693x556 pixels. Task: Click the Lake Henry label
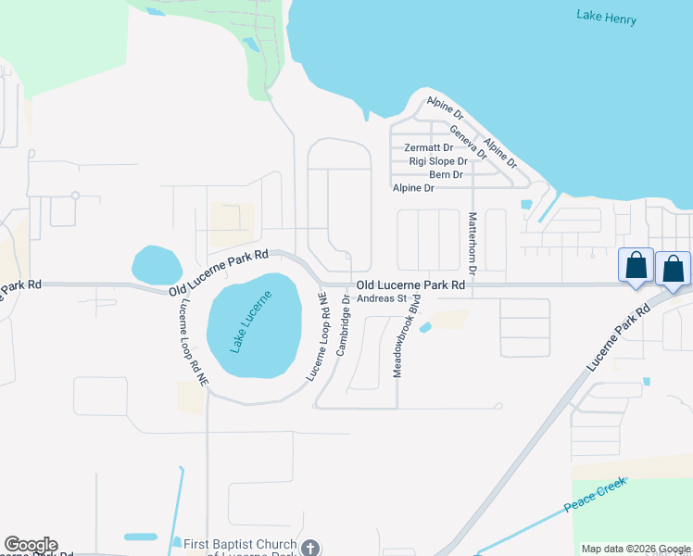[x=606, y=16]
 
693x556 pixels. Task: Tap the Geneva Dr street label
[x=468, y=142]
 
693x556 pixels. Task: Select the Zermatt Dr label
[x=429, y=147]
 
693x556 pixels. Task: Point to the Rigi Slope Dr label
[x=438, y=161]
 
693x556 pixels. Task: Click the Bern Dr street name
[x=446, y=174]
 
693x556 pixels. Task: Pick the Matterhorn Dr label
[x=472, y=244]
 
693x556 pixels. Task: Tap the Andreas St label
[x=382, y=298]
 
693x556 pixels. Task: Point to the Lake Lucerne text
[x=251, y=320]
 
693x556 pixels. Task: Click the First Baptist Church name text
[x=241, y=545]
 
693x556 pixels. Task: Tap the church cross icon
[x=310, y=548]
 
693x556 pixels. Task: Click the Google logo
[x=31, y=545]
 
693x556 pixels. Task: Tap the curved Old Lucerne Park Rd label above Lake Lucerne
[x=220, y=272]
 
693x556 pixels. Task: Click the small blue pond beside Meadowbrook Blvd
[x=425, y=327]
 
